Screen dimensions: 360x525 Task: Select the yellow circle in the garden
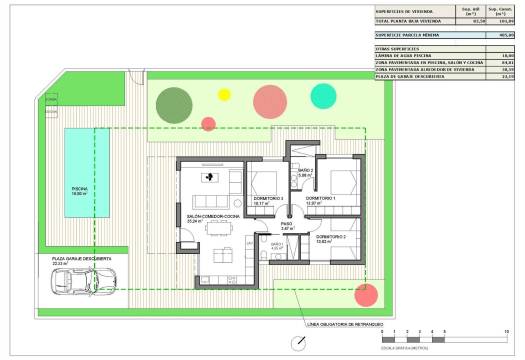click(x=223, y=95)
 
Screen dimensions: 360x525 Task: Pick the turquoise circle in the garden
click(x=324, y=96)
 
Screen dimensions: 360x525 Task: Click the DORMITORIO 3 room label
click(x=268, y=199)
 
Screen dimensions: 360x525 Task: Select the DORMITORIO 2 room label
click(x=331, y=237)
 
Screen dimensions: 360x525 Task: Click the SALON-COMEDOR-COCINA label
click(x=213, y=216)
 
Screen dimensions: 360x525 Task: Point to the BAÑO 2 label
click(x=306, y=171)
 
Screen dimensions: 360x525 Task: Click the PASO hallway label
click(x=286, y=224)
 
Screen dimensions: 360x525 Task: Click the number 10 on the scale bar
click(x=508, y=329)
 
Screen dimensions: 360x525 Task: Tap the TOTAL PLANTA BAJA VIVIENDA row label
click(x=410, y=20)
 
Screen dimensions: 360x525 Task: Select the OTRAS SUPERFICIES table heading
click(x=394, y=47)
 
